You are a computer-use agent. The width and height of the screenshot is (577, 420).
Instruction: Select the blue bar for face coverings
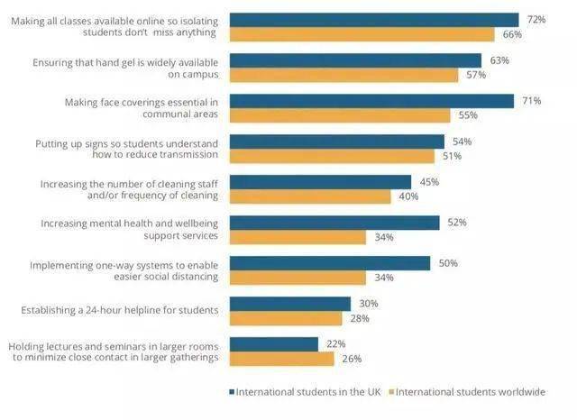point(371,101)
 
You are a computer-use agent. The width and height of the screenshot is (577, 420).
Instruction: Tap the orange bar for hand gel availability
point(346,75)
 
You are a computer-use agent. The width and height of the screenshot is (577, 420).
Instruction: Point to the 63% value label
point(500,60)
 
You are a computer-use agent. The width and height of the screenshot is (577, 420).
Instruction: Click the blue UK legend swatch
point(232,393)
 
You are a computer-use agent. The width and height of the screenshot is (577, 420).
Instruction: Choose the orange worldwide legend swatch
point(390,393)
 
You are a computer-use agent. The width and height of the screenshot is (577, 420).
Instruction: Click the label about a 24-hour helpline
point(120,310)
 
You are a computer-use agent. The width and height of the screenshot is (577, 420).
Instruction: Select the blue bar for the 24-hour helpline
point(290,304)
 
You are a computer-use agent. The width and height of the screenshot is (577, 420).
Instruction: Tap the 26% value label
point(353,359)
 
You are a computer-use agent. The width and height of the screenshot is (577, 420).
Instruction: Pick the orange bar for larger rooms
point(282,359)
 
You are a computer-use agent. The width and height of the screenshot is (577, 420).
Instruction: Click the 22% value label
point(337,344)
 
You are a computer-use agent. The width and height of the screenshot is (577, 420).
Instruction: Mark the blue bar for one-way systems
point(330,263)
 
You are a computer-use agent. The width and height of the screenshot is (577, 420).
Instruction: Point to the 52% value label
point(458,223)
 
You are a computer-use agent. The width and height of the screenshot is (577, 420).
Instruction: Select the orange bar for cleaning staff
point(310,196)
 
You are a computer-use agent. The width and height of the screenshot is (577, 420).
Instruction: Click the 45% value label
point(429,182)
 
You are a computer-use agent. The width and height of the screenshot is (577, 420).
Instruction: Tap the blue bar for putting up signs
point(337,142)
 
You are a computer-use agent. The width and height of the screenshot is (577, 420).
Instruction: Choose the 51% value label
point(453,156)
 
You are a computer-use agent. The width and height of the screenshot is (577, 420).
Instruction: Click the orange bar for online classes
point(362,34)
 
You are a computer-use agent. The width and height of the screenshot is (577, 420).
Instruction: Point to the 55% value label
point(468,115)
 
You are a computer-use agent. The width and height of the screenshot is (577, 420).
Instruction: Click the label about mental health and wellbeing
point(130,229)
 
